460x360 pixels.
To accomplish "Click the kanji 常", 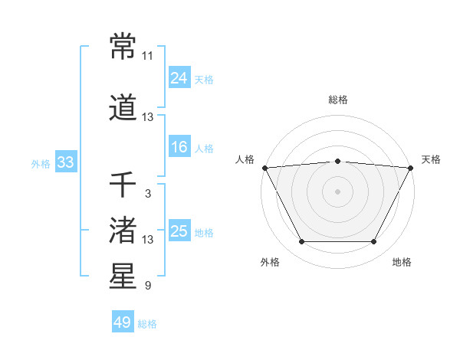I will pos(123,47).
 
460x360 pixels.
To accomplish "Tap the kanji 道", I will pos(123,107).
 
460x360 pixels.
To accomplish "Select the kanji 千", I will pos(123,185).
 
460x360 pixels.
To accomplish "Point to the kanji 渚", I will pos(123,230).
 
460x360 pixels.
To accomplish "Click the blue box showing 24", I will pos(179,77).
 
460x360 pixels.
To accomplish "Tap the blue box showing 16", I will pos(179,147).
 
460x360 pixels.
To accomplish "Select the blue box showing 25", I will pos(179,231).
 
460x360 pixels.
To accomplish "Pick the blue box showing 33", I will pos(65,162).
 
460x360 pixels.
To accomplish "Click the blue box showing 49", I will pos(122,322).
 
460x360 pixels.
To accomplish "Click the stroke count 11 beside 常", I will pos(147,56).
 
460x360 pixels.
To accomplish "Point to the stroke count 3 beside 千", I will pos(147,194).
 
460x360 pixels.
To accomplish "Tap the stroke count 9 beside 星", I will pos(147,286).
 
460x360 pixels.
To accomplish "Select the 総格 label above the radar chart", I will pos(337,100).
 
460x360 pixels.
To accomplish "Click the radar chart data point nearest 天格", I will pos(411,167).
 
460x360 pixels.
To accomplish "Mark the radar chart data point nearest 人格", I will pos(264,167).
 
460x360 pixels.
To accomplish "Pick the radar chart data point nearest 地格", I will pos(373,242).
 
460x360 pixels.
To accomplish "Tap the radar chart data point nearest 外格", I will pos(301,242).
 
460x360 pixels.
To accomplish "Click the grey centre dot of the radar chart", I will pos(337,191).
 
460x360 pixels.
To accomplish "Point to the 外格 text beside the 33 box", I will pos(41,163).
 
